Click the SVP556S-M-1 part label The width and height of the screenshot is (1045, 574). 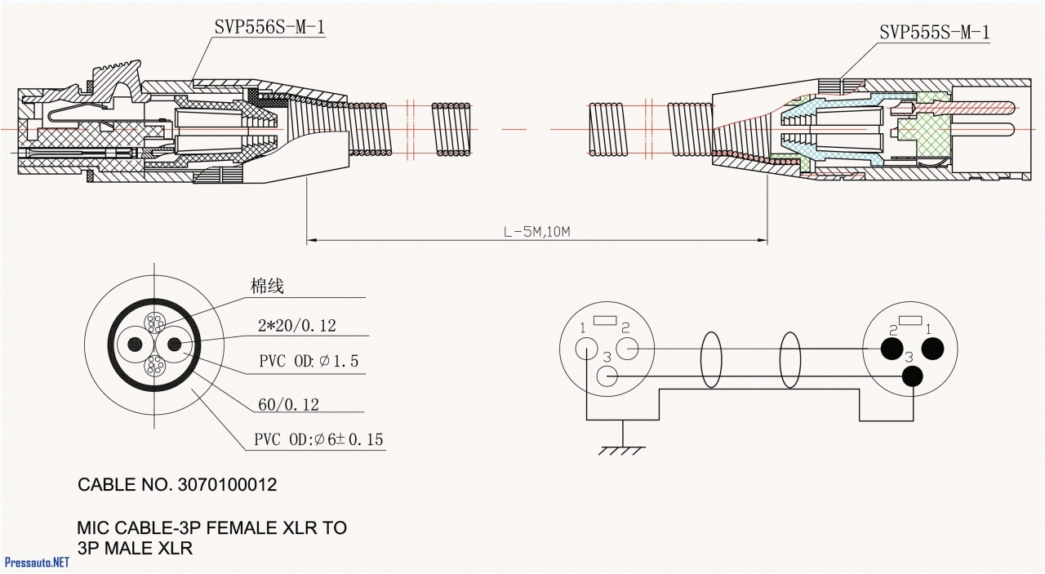pos(270,28)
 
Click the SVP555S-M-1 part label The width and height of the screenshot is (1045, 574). pos(934,33)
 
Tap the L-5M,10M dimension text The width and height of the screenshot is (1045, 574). pos(536,232)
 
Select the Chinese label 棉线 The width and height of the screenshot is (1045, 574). pos(267,286)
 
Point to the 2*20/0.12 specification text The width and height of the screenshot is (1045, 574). pos(297,326)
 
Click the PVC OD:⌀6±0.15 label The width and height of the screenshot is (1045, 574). pos(318,440)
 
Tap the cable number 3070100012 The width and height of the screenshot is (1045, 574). pos(225,485)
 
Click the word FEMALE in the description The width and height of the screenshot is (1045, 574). pos(232,528)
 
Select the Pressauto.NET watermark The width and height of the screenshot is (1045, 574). pos(37,563)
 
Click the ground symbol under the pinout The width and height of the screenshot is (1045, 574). pos(624,448)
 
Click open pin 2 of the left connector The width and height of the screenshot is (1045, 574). pos(627,349)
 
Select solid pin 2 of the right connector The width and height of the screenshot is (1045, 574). pos(892,349)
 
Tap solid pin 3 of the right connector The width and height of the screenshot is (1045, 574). pos(911,376)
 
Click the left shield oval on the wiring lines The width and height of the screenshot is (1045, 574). pos(713,359)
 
